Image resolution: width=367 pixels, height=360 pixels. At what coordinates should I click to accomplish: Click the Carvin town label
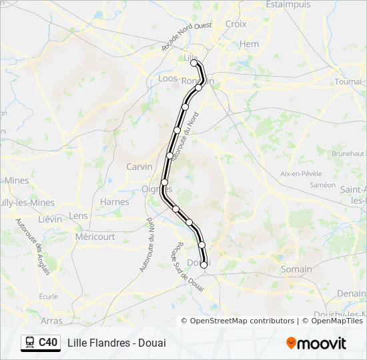click(139, 167)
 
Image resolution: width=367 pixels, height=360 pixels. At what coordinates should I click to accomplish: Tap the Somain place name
click(296, 269)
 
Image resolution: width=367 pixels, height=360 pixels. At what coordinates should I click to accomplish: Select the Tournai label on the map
click(348, 81)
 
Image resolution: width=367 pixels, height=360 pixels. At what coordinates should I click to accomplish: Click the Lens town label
click(78, 215)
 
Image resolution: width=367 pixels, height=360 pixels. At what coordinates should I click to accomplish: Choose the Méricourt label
click(95, 237)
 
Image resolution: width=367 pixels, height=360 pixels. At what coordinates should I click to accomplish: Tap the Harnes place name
click(114, 202)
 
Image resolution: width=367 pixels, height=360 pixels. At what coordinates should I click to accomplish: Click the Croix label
click(236, 24)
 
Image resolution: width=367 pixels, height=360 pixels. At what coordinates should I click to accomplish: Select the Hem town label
click(249, 44)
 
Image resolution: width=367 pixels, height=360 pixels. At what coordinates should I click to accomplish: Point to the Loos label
click(167, 78)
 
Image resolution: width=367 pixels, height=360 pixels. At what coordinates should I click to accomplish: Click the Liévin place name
click(49, 219)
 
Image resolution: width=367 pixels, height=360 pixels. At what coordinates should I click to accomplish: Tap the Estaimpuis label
click(288, 5)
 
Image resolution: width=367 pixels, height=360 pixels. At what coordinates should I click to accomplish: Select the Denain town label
click(351, 293)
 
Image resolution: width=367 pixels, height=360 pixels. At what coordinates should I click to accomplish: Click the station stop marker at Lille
click(195, 64)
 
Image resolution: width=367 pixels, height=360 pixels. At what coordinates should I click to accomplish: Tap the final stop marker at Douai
click(204, 265)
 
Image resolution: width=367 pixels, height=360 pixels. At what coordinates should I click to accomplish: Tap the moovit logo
click(316, 343)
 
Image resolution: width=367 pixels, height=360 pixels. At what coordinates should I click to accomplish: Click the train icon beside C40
click(29, 342)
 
